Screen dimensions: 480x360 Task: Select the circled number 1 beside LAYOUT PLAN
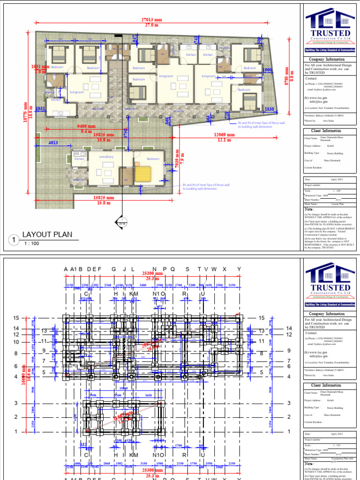(x=14, y=240)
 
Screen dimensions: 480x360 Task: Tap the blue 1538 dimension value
(x=270, y=109)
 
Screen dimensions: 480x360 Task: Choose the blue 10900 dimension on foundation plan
(x=124, y=389)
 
